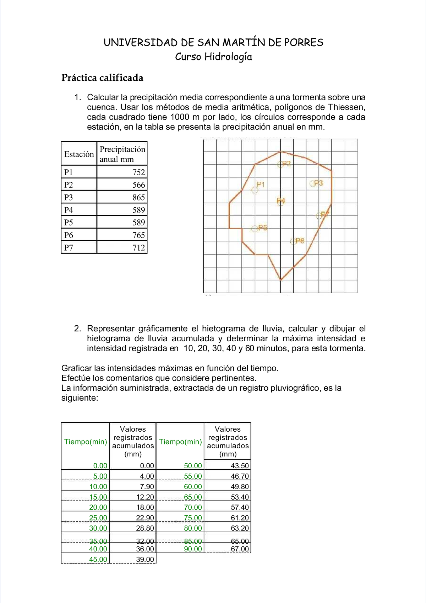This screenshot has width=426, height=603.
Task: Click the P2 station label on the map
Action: (286, 164)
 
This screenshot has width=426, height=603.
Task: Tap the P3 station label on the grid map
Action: (318, 183)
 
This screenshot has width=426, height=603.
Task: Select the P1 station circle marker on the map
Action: (254, 190)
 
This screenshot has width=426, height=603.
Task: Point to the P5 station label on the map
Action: (263, 228)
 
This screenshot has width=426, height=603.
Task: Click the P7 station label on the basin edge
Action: (325, 214)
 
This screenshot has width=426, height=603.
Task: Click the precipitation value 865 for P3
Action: (138, 197)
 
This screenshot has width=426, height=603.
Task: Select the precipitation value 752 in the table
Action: (138, 172)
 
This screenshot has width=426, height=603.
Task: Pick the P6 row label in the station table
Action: (69, 235)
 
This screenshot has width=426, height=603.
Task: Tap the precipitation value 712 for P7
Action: (138, 247)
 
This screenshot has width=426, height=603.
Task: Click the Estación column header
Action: (79, 154)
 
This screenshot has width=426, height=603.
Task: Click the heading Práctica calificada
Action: (102, 78)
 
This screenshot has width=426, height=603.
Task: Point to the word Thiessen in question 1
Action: (346, 107)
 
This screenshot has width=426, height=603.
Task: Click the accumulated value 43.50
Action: (240, 466)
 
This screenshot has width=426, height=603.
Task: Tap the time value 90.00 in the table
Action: (193, 549)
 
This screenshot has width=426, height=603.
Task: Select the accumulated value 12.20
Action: (145, 497)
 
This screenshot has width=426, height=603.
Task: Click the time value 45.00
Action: (98, 559)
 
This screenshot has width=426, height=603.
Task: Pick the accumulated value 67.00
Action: (240, 549)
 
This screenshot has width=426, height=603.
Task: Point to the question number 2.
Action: (77, 329)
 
